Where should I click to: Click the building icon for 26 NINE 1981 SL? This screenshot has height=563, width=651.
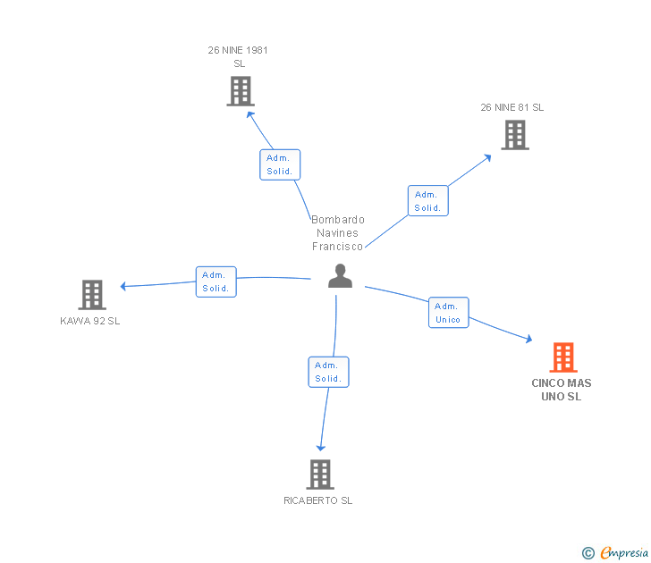[x=240, y=91]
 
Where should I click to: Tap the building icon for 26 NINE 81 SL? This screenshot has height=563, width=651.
[x=514, y=135]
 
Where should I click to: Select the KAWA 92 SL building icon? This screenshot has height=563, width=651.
[x=91, y=294]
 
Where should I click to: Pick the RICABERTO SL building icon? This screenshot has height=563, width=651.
[x=320, y=474]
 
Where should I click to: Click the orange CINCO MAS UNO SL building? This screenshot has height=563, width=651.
[x=562, y=357]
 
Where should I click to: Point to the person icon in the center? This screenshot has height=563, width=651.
[x=340, y=276]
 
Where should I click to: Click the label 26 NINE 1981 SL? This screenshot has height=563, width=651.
[x=238, y=56]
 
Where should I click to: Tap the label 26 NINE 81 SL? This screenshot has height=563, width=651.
[x=511, y=107]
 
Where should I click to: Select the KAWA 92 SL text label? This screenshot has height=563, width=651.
[x=89, y=321]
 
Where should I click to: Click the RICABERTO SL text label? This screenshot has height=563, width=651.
[x=318, y=500]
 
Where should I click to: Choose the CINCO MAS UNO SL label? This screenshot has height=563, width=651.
[x=562, y=390]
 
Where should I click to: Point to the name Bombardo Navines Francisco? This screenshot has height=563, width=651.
[x=338, y=233]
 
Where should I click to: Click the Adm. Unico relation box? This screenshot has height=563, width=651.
[x=448, y=313]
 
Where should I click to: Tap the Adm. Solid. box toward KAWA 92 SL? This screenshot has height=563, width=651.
[x=216, y=281]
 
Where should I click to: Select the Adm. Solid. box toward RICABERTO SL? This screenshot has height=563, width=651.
[x=328, y=372]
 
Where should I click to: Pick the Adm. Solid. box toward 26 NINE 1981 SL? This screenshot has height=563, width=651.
[x=280, y=164]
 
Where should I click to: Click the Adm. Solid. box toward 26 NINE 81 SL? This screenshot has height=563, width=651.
[x=427, y=200]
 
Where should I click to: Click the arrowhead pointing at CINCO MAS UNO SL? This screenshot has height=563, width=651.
[x=528, y=340]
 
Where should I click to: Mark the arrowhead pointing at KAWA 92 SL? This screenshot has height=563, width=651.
[x=124, y=287]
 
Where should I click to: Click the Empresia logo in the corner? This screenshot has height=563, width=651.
[x=615, y=553]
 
